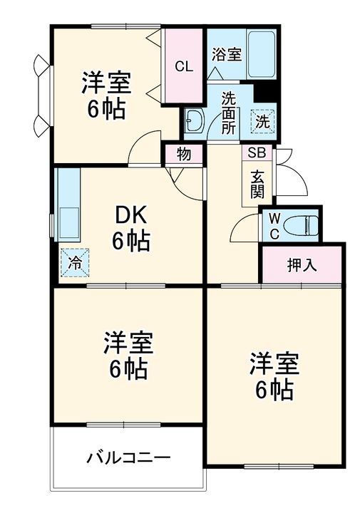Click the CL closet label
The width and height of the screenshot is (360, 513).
coord(184,67)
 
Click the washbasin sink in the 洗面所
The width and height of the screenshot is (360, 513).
coord(194,120)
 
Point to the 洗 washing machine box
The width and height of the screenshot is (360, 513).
coord(263,121)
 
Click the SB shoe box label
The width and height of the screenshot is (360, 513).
coord(257,152)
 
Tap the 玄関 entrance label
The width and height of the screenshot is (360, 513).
coord(257,183)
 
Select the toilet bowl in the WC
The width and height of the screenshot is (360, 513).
coord(300,226)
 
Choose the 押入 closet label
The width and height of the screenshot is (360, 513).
coord(302,266)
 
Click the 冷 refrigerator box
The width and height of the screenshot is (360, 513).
coord(75,261)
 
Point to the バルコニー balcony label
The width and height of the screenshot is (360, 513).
coord(129,457)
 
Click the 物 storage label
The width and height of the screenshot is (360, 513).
coord(184,154)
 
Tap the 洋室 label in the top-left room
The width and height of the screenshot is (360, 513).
coord(106,83)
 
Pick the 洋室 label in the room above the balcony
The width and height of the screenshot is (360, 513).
coord(128,344)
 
